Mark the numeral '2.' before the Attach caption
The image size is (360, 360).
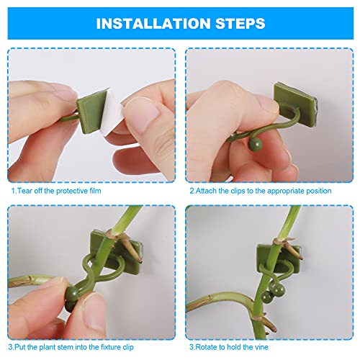[192, 192]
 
